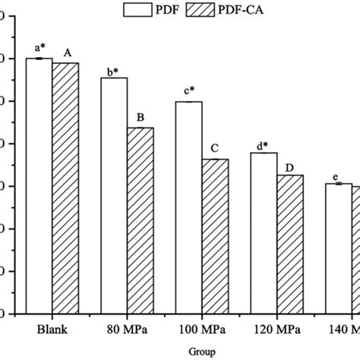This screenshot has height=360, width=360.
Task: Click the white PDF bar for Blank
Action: pos(39,185)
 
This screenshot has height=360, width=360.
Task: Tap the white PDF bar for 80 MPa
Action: pos(114,195)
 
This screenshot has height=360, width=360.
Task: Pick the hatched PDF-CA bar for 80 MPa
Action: pos(140,220)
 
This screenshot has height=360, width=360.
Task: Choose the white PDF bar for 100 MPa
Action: pos(188,207)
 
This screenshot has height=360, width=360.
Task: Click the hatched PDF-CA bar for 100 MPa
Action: pos(215,236)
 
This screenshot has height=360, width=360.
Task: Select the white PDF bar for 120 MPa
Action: pos(264,232)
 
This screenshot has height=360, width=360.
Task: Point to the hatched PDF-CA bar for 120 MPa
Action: pos(290,244)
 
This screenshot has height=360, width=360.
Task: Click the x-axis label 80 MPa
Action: pos(127,330)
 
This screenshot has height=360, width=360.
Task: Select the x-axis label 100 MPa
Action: pos(202,330)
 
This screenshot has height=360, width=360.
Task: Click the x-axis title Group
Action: pos(201,352)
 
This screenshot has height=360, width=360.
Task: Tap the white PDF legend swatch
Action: pos(143,10)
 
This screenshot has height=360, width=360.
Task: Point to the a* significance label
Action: pos(39,49)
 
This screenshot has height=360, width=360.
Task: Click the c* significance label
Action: pos(188,93)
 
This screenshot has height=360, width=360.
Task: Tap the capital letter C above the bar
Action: pos(215,148)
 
